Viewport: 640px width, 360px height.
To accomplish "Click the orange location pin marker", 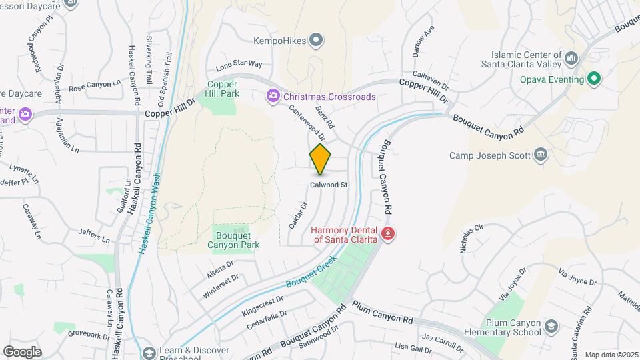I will pos(321,159).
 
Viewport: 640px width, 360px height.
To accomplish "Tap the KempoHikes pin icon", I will pos(318,41).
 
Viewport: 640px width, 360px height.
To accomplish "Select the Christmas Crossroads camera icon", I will pos(273,97).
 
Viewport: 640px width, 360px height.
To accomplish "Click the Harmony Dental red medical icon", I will pos(387,234).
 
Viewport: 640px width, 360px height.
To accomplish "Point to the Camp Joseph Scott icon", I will pos(541,155).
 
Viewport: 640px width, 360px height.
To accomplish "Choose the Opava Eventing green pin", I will pos(595,80).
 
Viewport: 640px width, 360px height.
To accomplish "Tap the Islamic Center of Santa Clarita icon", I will pos(571,59).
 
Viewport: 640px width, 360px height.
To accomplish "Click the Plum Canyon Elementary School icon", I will pos(551,326).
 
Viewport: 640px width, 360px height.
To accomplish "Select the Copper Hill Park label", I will pos(223,89).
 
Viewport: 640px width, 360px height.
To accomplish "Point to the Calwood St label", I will pos(329,185).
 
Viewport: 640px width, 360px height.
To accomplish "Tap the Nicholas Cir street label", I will pos(471,237).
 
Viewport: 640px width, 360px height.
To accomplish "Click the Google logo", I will pos(22,351).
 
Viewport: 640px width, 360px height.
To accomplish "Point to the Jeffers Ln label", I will pos(93,235).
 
